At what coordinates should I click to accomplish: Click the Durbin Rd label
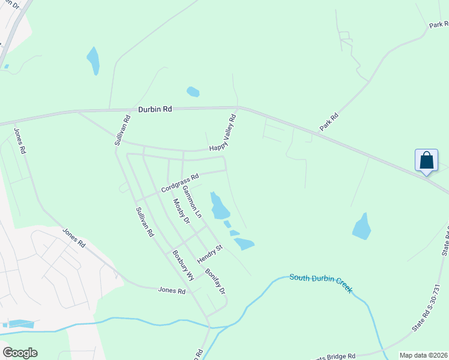point(155,110)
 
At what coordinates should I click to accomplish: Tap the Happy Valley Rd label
point(223,133)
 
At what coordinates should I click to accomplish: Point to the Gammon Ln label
point(192,202)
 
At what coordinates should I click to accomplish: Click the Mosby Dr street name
point(181,212)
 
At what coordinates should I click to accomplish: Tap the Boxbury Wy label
point(183,266)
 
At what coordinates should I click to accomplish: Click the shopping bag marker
point(426,161)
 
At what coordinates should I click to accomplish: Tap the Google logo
point(20,353)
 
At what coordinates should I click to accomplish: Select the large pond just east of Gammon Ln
point(220,206)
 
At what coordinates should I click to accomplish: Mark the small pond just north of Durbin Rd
point(193,92)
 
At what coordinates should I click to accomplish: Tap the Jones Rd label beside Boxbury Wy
point(172,290)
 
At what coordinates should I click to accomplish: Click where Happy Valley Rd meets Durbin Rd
point(238,108)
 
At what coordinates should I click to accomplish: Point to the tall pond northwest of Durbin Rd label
point(93,60)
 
